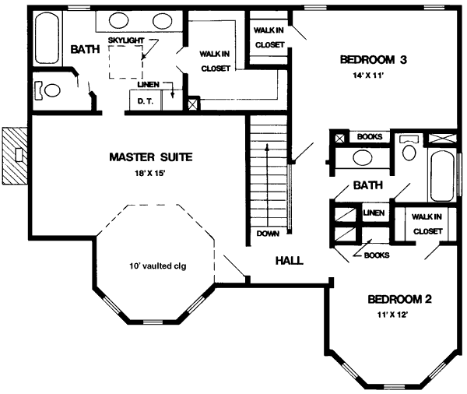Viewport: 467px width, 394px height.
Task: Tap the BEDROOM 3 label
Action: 374,60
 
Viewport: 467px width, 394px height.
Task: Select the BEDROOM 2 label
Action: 399,299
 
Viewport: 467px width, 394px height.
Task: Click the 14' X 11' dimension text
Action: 374,77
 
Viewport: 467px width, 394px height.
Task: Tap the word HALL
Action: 289,260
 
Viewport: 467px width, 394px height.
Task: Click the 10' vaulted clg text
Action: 157,266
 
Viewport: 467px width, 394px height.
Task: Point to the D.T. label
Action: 144,100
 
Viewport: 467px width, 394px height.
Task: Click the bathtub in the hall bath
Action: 441,176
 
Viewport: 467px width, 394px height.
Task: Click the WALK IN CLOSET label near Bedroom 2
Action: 427,223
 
